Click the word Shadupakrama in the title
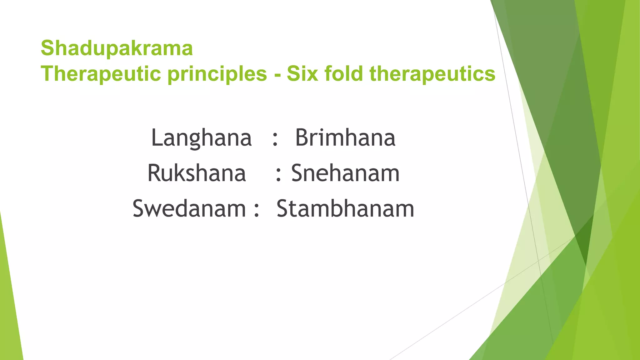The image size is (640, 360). (117, 48)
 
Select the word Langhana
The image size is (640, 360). (201, 138)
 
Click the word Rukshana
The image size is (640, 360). (197, 173)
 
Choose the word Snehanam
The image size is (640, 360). (345, 173)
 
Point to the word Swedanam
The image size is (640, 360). (189, 209)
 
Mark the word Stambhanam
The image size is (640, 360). (345, 209)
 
